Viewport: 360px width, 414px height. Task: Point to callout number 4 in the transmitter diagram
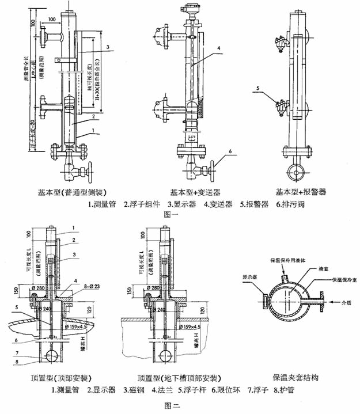219,48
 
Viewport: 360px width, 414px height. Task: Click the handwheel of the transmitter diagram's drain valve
216,172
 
